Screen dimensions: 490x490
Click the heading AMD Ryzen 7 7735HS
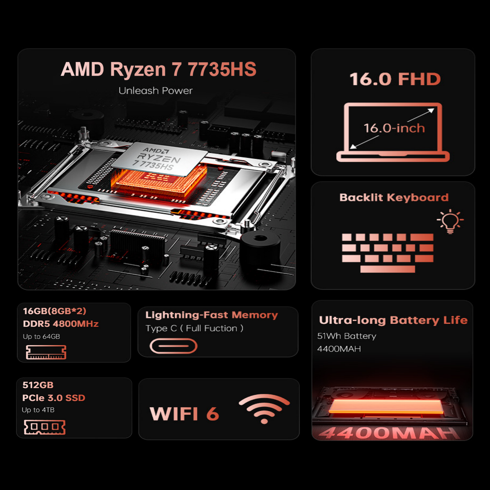click(158, 69)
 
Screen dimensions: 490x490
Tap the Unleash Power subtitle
click(155, 91)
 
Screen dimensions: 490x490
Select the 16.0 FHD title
click(395, 79)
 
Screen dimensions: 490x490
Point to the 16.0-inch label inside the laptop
click(394, 128)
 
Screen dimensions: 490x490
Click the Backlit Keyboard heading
click(394, 198)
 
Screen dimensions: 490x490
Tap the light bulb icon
click(450, 221)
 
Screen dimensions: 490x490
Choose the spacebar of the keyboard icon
click(388, 269)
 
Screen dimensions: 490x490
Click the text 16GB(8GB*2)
click(54, 311)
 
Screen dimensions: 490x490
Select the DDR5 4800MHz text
click(60, 324)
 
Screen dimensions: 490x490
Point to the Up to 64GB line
click(41, 336)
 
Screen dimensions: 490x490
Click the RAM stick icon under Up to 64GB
click(46, 352)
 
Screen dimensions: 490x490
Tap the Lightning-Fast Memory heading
click(212, 315)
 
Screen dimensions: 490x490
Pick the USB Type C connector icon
click(174, 346)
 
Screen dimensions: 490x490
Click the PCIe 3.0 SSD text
click(53, 398)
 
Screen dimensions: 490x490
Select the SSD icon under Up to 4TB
click(45, 427)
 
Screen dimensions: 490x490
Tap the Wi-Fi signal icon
click(264, 408)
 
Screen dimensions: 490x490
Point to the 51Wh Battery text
click(347, 336)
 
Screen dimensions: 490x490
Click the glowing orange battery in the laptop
click(385, 407)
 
